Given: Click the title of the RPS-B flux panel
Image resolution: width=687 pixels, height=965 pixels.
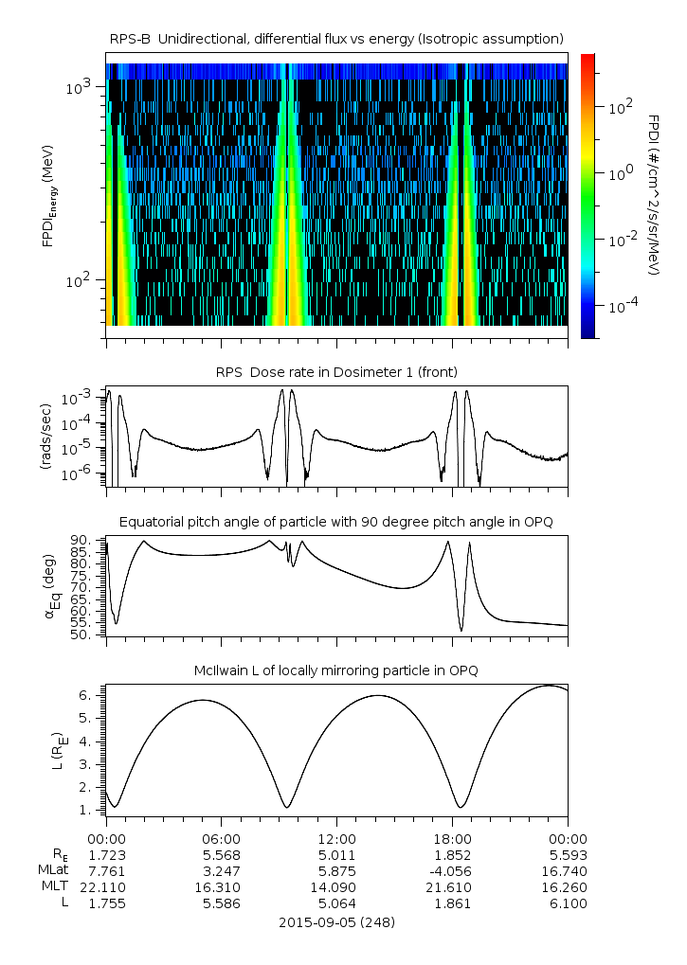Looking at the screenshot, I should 336,38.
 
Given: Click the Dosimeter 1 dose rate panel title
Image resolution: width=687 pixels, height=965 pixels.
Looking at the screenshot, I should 336,372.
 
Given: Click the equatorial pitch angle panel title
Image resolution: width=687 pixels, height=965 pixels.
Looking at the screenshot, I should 336,522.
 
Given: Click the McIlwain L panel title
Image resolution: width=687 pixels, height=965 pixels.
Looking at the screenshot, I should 336,670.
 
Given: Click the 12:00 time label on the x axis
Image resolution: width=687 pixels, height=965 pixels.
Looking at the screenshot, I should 336,839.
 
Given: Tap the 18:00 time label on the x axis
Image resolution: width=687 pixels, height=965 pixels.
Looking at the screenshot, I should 452,839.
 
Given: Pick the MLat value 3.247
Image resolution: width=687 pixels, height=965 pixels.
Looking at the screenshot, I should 221,871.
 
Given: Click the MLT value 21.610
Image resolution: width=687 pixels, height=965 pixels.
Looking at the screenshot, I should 452,887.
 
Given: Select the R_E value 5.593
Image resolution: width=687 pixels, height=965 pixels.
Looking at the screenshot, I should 568,855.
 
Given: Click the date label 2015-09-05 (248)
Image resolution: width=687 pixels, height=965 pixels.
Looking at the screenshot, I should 336,921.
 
